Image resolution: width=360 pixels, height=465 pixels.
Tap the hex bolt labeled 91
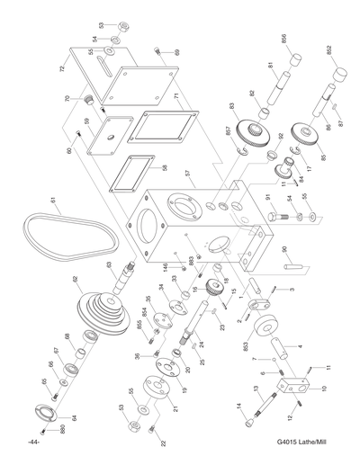click(276, 217)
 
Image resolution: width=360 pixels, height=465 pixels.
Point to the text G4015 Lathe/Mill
click(304, 443)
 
